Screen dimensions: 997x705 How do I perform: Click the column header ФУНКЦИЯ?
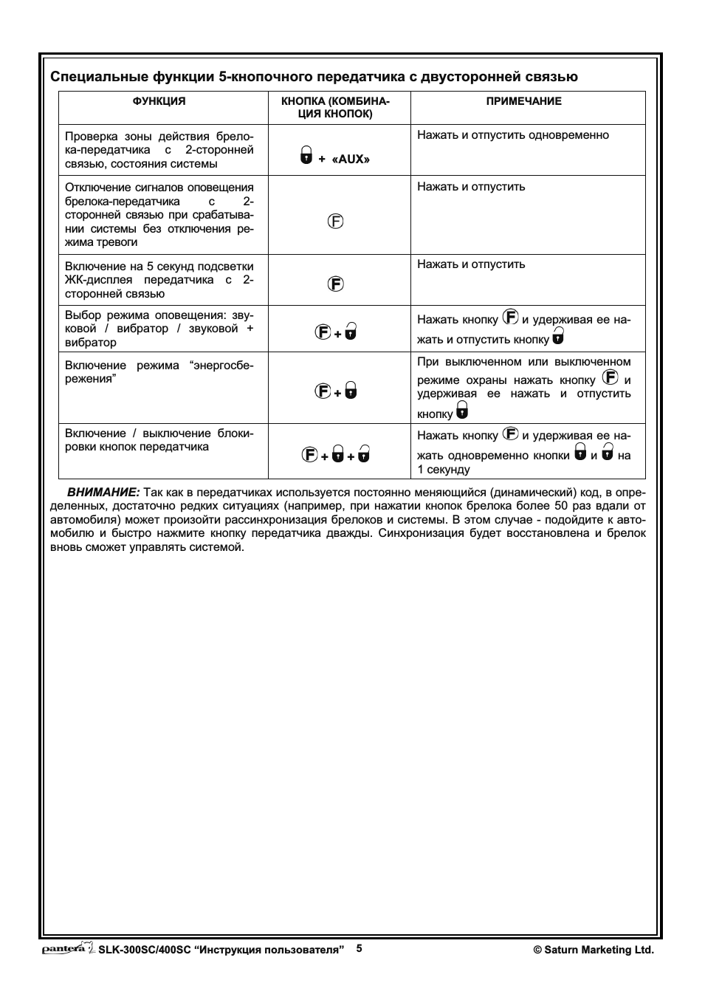[x=159, y=102]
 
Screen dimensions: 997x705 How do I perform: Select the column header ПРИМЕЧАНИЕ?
[x=523, y=102]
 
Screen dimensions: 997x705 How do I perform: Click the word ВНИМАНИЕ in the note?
[x=103, y=492]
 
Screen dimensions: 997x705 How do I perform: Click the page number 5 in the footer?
[x=360, y=948]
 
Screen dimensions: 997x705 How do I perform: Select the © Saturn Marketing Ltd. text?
[x=594, y=950]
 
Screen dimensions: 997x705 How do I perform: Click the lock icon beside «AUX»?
[x=306, y=155]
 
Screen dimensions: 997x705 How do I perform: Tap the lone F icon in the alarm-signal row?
[x=336, y=221]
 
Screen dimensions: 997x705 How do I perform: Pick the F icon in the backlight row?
[x=336, y=284]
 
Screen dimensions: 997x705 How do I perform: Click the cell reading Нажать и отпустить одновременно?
[x=513, y=135]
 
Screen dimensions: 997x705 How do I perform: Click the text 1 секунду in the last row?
[x=444, y=470]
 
